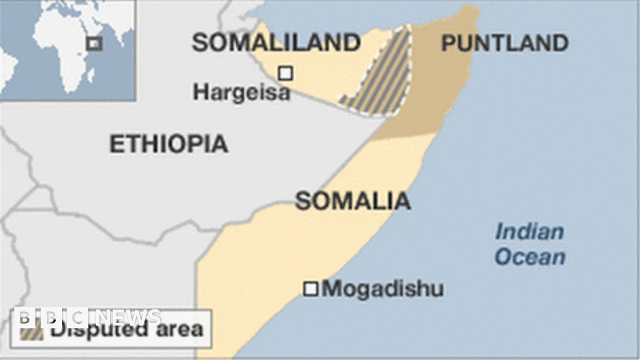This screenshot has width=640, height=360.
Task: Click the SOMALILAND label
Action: tap(276, 43)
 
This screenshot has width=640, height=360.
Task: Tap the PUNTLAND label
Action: tap(504, 43)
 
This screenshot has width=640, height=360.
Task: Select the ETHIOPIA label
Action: tap(169, 144)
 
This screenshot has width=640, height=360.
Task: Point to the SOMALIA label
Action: tap(353, 201)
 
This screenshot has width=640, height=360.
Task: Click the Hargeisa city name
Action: tap(241, 92)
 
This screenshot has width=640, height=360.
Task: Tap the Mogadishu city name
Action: tap(382, 289)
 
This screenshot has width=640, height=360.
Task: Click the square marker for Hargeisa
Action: tap(286, 73)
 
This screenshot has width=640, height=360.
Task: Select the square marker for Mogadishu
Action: tap(310, 289)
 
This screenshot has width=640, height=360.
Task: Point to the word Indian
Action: tap(529, 233)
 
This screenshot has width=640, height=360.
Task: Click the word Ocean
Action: tap(530, 257)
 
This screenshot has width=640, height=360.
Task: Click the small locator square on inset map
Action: tap(94, 44)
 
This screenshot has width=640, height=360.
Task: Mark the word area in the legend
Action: tap(180, 330)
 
